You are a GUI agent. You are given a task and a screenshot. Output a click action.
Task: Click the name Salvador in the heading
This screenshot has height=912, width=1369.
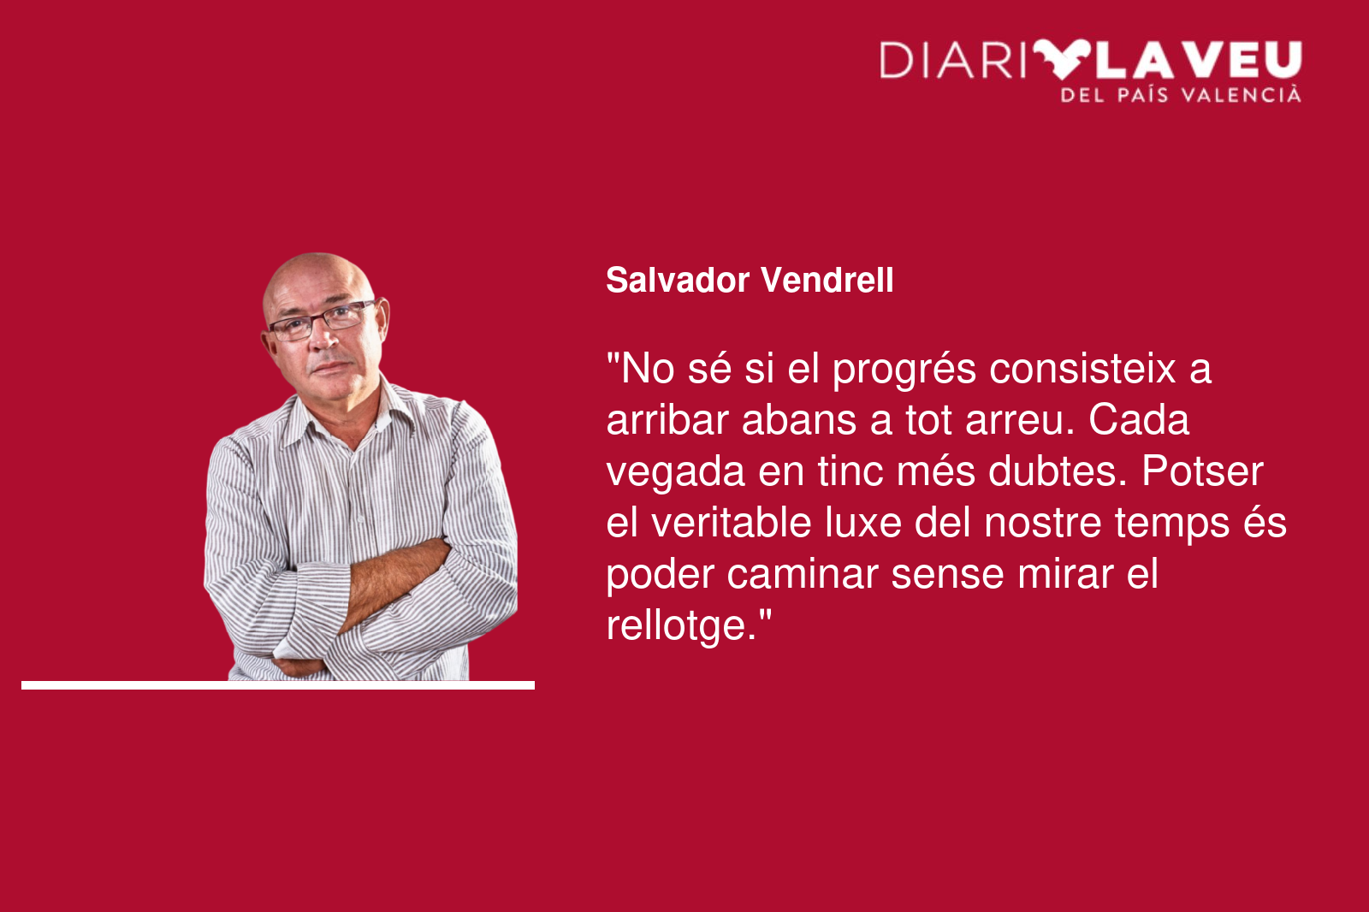click(x=677, y=281)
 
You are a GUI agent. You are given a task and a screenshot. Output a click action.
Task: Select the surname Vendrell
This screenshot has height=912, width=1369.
click(x=827, y=281)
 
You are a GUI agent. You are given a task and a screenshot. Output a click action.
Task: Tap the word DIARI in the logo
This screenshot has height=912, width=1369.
click(x=953, y=61)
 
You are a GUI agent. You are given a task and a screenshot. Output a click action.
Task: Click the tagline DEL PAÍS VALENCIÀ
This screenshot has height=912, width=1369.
click(x=1181, y=95)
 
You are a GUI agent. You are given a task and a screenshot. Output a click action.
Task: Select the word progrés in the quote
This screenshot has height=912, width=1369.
click(x=904, y=370)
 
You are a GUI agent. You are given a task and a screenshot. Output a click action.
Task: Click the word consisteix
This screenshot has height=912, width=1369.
click(x=1082, y=369)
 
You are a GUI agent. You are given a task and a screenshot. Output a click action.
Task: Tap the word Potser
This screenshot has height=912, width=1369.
click(x=1202, y=471)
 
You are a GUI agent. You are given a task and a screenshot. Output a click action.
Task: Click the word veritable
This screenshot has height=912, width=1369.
click(x=731, y=523)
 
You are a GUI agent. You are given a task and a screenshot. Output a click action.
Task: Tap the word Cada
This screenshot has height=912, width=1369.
click(x=1139, y=420)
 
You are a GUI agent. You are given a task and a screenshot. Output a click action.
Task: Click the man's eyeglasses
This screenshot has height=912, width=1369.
click(x=322, y=320)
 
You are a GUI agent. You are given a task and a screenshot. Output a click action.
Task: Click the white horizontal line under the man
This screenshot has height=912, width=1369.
click(x=278, y=685)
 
